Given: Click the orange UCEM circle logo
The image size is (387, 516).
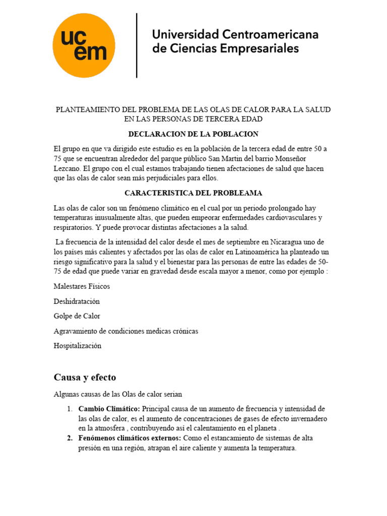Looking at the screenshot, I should tap(84, 45).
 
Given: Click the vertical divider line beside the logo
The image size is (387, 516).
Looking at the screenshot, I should tap(137, 45).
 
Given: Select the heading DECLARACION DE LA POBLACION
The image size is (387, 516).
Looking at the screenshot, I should tap(193, 134).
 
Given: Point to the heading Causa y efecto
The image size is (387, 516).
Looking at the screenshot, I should tap(85, 377).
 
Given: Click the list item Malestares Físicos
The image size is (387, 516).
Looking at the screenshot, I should tap(82, 286).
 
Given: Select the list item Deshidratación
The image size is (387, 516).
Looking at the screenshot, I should tap(77, 301).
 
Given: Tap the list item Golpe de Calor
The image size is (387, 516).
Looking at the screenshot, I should tap(77, 316).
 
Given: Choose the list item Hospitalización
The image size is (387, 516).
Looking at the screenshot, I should tap(77, 346).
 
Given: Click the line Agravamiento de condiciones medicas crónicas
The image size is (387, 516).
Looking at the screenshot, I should tap(125, 331).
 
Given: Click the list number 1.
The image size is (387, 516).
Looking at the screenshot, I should tap(70, 409).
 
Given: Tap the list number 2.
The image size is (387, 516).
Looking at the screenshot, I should tap(70, 438).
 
